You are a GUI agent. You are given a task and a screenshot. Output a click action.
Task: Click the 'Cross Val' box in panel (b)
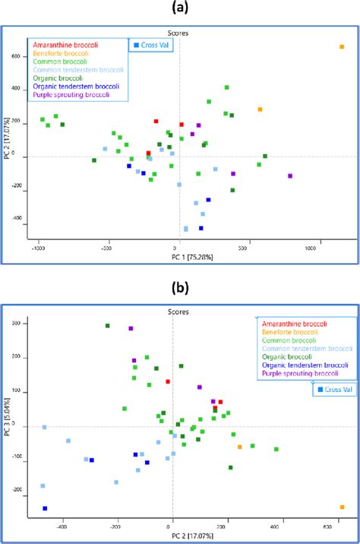point(334,390)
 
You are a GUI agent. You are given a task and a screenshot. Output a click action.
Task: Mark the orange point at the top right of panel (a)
point(342,47)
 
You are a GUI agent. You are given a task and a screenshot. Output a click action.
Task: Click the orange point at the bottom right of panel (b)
point(342,507)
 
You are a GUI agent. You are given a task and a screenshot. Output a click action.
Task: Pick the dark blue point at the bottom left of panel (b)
point(45,508)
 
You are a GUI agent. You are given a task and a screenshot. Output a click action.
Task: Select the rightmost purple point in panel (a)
point(290,176)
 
